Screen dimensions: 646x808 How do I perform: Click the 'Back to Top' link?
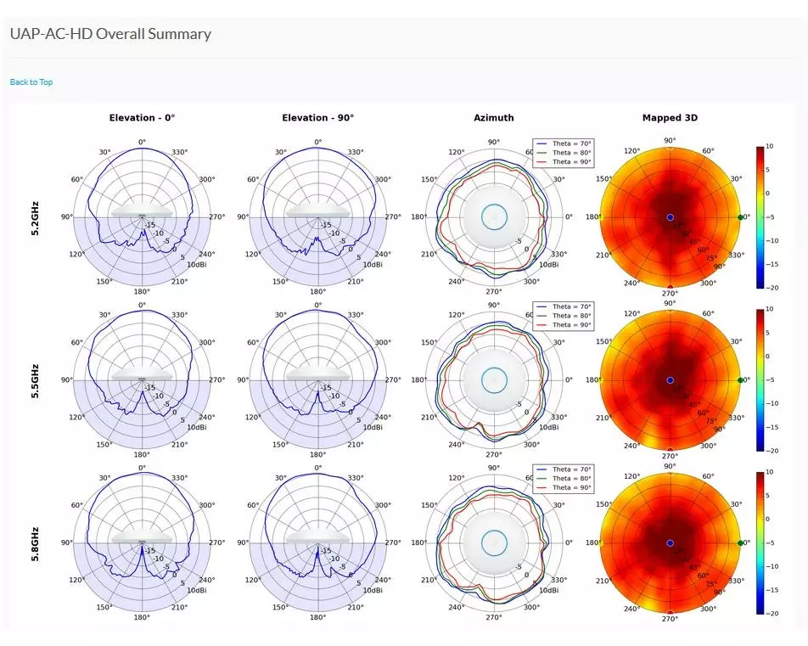[31, 82]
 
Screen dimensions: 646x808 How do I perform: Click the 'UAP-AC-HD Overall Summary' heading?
[110, 35]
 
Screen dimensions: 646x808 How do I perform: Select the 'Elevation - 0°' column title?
[142, 118]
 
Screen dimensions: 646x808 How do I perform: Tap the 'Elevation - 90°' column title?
[317, 118]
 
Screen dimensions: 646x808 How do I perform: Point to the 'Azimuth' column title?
[493, 118]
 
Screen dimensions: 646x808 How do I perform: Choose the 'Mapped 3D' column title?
[670, 118]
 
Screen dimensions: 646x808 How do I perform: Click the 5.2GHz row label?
[36, 217]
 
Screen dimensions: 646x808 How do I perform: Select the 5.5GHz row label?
[36, 380]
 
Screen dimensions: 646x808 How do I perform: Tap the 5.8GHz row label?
[36, 543]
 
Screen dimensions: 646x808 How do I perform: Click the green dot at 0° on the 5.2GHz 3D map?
[741, 217]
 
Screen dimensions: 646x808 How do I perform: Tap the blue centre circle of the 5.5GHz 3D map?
[670, 380]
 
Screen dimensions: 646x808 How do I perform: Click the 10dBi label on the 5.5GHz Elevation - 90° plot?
[372, 427]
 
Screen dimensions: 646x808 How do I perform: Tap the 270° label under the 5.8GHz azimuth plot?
[493, 619]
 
